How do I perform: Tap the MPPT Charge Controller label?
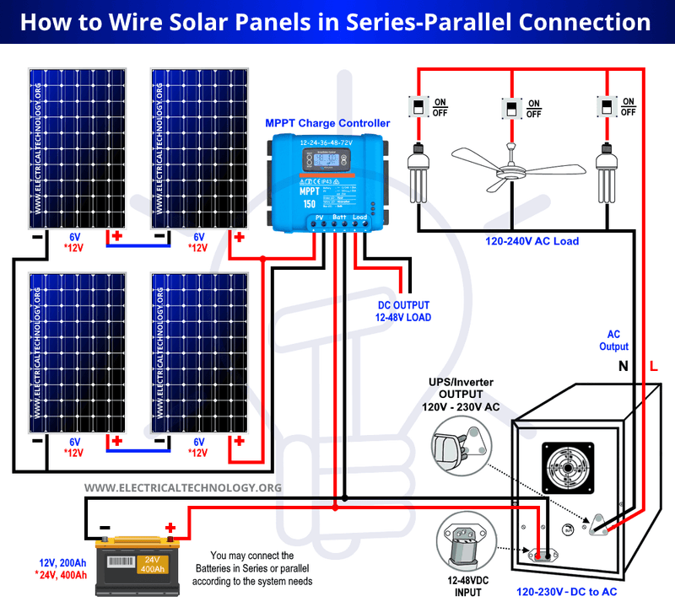click(x=327, y=123)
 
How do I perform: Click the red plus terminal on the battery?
click(x=170, y=529)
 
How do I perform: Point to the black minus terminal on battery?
click(x=104, y=529)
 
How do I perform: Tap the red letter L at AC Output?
click(x=655, y=366)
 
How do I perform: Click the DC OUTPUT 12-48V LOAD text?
click(x=404, y=311)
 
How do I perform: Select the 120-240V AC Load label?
click(x=532, y=241)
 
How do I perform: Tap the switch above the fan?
click(x=511, y=109)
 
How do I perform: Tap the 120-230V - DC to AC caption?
click(x=570, y=593)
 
